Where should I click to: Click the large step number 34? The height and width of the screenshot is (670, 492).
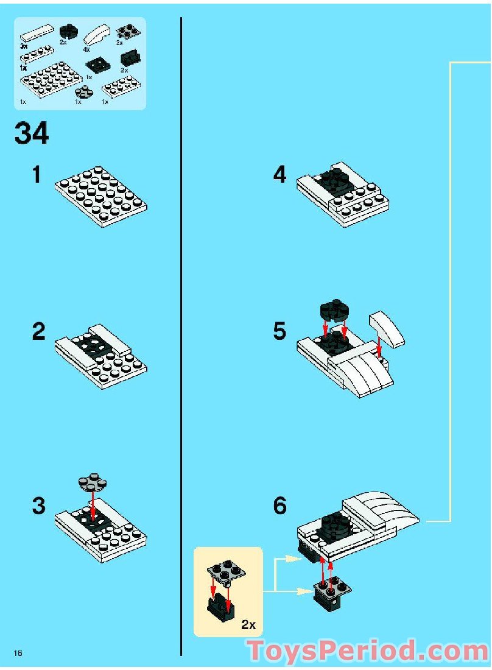tap(32, 134)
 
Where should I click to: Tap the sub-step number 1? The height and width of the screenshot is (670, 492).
tap(37, 175)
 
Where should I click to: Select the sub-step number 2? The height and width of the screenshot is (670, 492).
tap(38, 331)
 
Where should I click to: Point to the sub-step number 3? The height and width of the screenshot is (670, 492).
tap(38, 506)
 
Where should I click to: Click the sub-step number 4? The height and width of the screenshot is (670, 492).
tap(279, 175)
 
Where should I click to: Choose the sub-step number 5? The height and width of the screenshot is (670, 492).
tap(279, 331)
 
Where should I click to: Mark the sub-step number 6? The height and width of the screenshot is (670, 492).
tap(279, 506)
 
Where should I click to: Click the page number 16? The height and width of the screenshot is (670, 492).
tap(18, 653)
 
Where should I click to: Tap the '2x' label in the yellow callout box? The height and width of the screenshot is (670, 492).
tap(248, 625)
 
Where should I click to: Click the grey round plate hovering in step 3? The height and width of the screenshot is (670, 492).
tap(93, 482)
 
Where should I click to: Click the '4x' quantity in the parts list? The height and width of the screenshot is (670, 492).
tap(86, 49)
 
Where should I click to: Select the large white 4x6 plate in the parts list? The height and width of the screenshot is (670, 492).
tap(51, 79)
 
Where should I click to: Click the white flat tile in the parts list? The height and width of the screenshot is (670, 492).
tap(37, 33)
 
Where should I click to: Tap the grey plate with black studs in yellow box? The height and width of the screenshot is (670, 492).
tap(226, 571)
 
